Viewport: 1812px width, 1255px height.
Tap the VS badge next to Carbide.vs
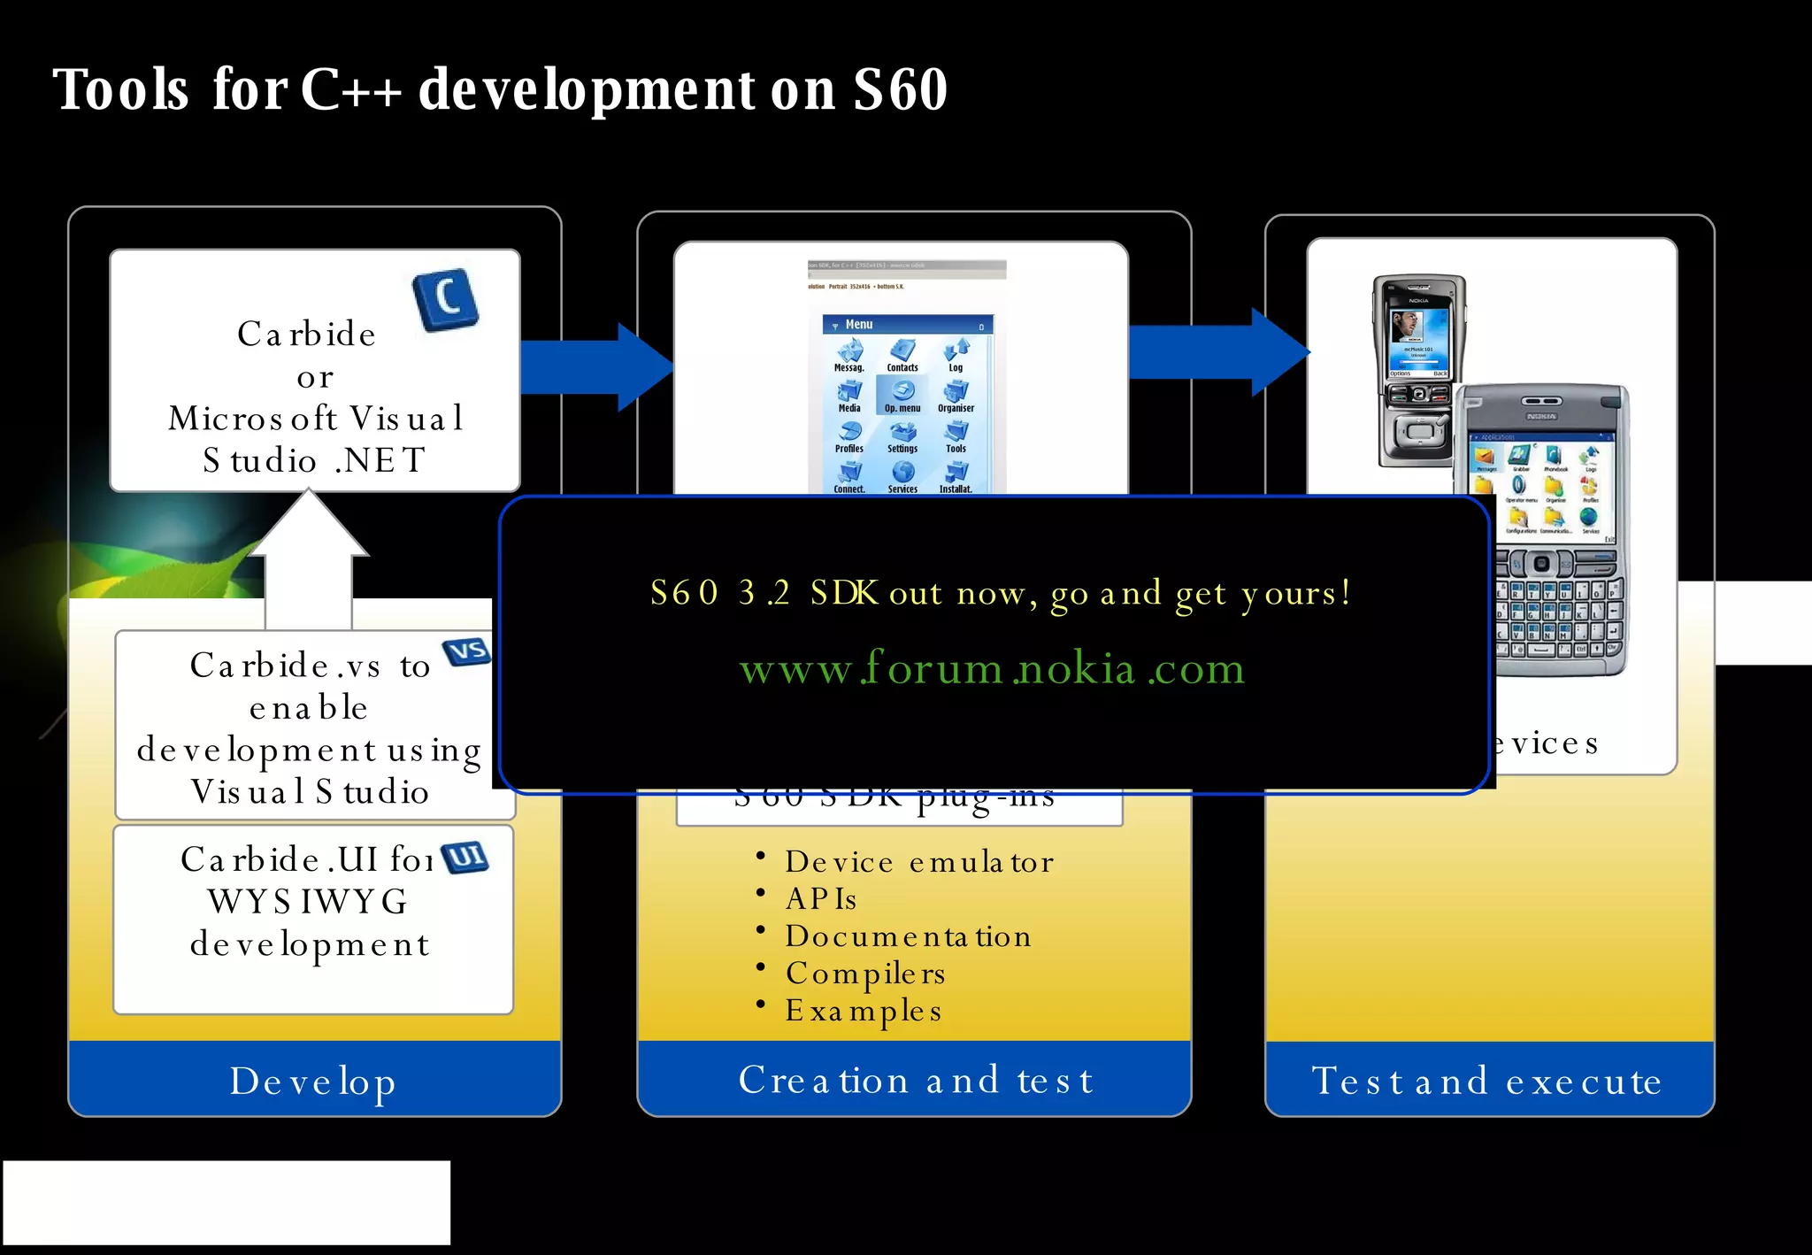tap(467, 652)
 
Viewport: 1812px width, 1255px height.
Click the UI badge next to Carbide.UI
tap(465, 857)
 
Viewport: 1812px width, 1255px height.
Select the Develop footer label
tap(313, 1081)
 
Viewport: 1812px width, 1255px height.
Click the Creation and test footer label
tap(916, 1080)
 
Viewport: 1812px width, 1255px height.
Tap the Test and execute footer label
tap(1486, 1081)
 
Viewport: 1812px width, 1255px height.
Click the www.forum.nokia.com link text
tap(992, 668)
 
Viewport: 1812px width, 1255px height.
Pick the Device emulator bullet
tap(918, 861)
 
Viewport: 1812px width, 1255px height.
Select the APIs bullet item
tap(821, 898)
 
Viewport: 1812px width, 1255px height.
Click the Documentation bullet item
tap(908, 935)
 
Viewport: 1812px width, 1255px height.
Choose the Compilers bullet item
tap(865, 973)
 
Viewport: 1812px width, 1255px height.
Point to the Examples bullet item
tap(864, 1010)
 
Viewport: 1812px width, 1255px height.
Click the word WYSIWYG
tap(308, 901)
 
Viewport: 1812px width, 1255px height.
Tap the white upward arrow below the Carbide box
tap(309, 558)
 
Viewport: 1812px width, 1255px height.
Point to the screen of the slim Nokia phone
tap(1418, 335)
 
